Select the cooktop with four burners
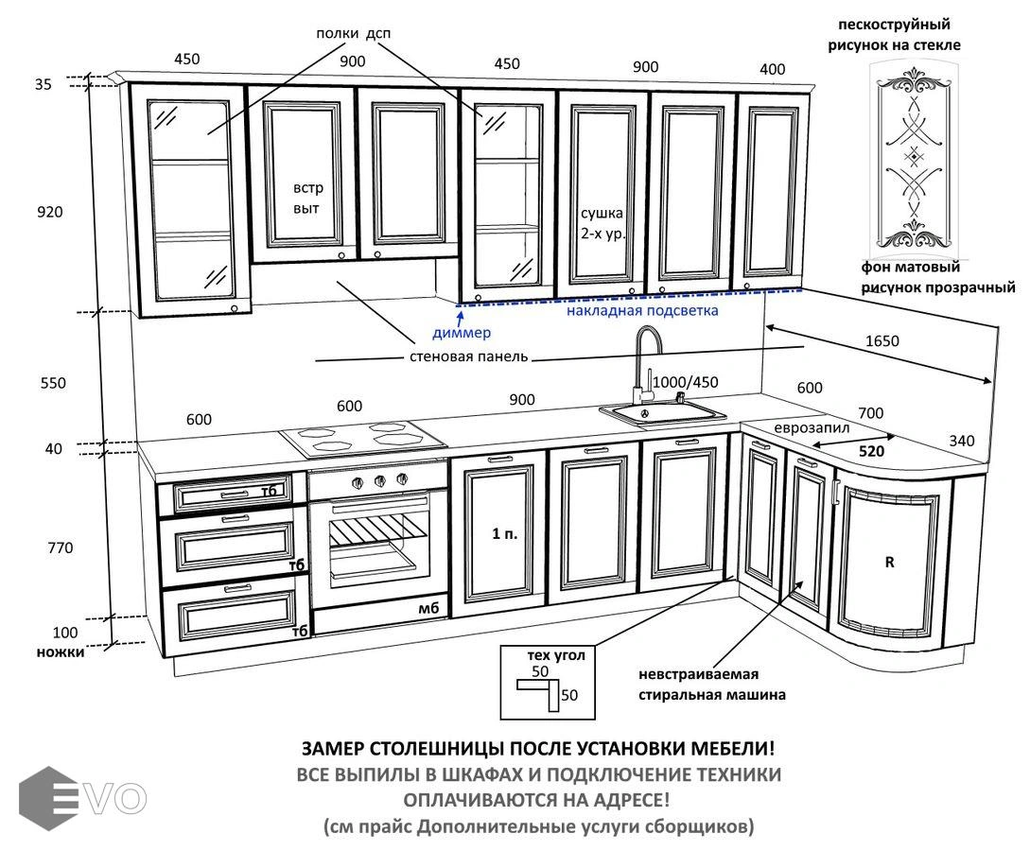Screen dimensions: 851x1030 point(363,436)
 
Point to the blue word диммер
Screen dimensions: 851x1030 point(462,333)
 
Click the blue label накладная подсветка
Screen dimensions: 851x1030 point(642,310)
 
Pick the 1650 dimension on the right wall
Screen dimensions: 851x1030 point(882,341)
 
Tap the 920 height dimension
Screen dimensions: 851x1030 point(49,212)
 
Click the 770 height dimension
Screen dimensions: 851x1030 point(59,547)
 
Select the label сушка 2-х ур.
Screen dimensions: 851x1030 point(602,222)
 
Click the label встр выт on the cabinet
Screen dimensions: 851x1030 point(306,198)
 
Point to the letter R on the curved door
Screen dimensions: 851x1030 point(889,562)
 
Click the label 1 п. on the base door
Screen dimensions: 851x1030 point(504,534)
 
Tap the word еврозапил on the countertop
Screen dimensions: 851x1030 point(811,427)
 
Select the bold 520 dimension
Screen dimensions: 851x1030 point(870,451)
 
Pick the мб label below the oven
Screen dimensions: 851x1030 point(428,608)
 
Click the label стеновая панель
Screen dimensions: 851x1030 point(468,357)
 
